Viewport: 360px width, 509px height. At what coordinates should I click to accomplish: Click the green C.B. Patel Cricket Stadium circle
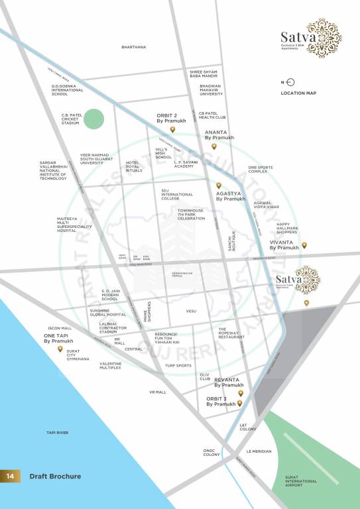(x=94, y=119)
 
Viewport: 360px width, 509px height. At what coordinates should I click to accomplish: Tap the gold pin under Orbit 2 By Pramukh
(x=173, y=130)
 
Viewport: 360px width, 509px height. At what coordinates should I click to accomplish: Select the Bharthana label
(x=133, y=47)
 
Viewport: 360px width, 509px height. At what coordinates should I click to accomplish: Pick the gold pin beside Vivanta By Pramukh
(x=304, y=245)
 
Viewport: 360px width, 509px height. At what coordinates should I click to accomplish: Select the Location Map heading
(x=298, y=93)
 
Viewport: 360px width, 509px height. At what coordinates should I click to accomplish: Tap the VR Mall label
(x=158, y=392)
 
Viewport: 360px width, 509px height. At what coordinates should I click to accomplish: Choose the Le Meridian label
(x=259, y=451)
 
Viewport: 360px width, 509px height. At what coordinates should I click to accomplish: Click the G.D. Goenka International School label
(x=69, y=90)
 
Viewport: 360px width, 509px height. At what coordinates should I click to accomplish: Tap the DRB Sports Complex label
(x=258, y=170)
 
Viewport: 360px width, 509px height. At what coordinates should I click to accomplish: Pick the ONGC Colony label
(x=211, y=453)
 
